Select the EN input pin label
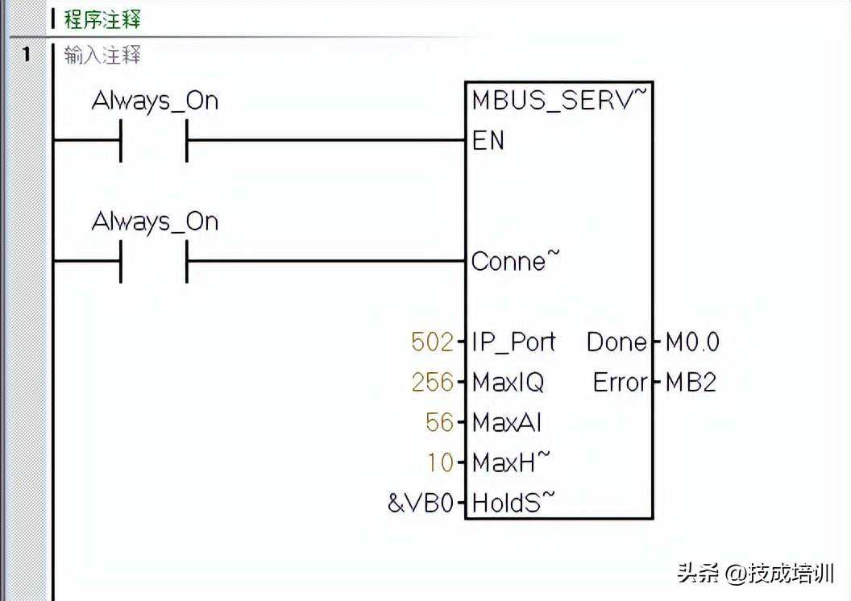tap(488, 141)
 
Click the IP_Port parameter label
tap(513, 342)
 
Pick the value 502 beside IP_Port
tap(432, 342)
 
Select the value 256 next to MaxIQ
tap(432, 382)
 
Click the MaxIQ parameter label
tap(508, 382)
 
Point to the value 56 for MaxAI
tap(440, 422)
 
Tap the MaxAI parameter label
tap(506, 422)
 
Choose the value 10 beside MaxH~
tap(441, 463)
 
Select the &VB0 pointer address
tap(420, 504)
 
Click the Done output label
tap(616, 342)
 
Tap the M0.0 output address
tap(692, 342)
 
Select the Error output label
tap(620, 382)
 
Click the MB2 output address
tap(691, 382)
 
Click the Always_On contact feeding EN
tap(154, 140)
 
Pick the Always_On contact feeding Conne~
tap(154, 260)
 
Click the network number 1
tap(26, 55)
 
